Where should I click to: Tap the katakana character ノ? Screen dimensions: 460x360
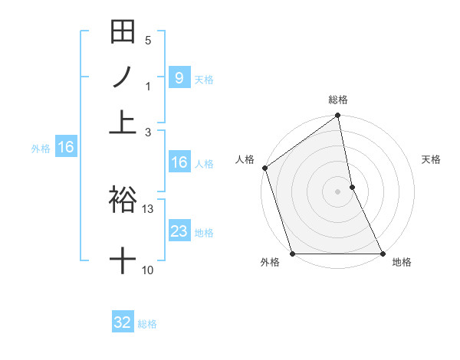click(x=123, y=77)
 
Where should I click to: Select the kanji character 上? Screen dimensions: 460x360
click(x=123, y=120)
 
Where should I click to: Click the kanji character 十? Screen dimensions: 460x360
click(x=123, y=261)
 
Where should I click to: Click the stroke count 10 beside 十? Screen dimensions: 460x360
click(x=148, y=270)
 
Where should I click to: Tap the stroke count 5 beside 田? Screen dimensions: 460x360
click(x=148, y=41)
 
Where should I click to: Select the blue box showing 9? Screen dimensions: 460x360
click(x=179, y=77)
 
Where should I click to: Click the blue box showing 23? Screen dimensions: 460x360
click(x=179, y=231)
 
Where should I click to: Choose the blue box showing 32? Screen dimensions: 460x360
click(x=123, y=322)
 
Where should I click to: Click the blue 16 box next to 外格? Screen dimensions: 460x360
click(x=66, y=146)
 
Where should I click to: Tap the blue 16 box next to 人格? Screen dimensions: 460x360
click(x=179, y=162)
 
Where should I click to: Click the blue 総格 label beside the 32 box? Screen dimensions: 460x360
click(x=147, y=324)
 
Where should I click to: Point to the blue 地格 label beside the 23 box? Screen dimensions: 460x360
click(x=204, y=233)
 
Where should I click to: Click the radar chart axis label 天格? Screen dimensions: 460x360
click(x=431, y=159)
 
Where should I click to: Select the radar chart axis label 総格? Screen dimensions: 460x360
click(x=338, y=100)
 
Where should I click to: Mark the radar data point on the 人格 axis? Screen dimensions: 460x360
click(x=264, y=168)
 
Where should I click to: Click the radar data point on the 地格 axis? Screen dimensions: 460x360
click(x=383, y=254)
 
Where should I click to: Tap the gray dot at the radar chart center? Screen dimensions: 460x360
click(x=337, y=191)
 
